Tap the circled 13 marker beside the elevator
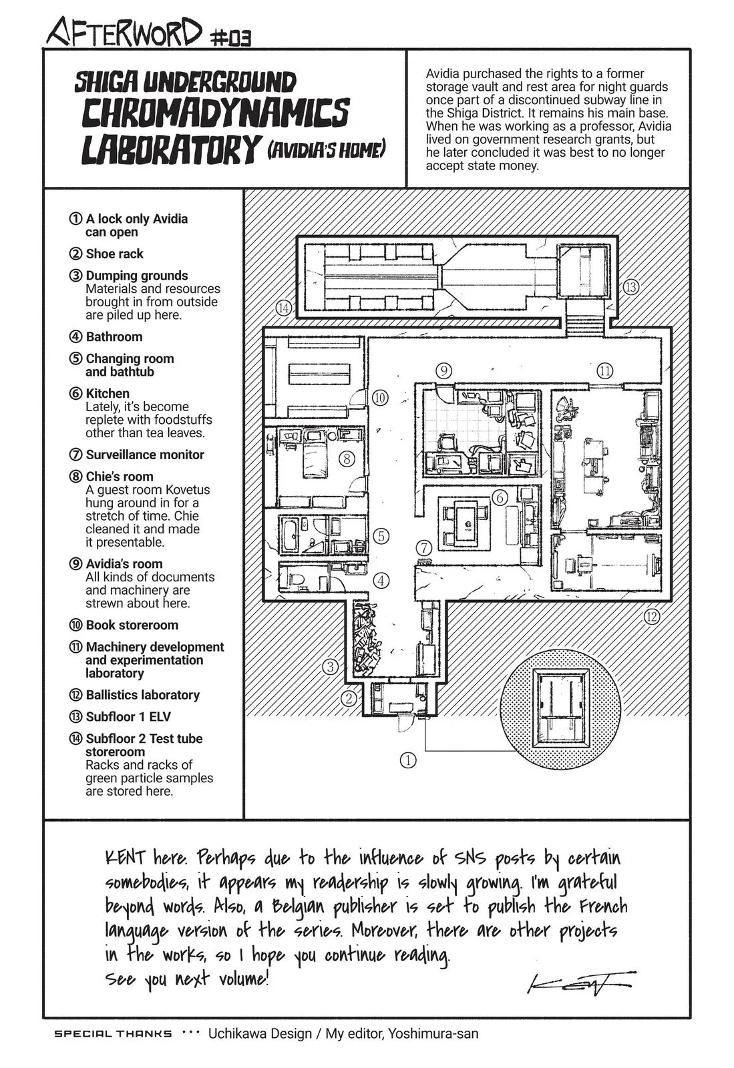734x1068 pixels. [x=630, y=287]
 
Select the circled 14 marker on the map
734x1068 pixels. [x=285, y=308]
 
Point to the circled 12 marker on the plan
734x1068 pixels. [x=651, y=616]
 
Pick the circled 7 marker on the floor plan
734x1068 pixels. [x=423, y=548]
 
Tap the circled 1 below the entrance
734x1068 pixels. [x=407, y=760]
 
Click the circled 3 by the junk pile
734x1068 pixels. [x=330, y=666]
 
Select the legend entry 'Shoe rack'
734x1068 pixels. [x=114, y=254]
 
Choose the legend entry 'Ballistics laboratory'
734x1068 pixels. [x=142, y=695]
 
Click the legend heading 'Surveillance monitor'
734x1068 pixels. [x=144, y=455]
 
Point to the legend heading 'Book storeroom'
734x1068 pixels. [x=132, y=625]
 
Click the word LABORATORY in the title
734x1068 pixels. [x=168, y=150]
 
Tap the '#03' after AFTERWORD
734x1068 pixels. [x=231, y=39]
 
